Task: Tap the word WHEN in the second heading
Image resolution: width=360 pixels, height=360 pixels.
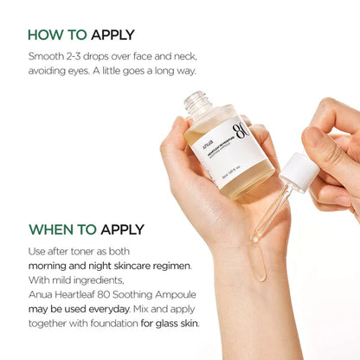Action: (x=48, y=229)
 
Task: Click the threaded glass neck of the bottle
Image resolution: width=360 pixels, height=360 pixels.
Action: (x=198, y=102)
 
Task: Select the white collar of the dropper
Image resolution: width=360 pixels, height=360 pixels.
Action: (x=298, y=170)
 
